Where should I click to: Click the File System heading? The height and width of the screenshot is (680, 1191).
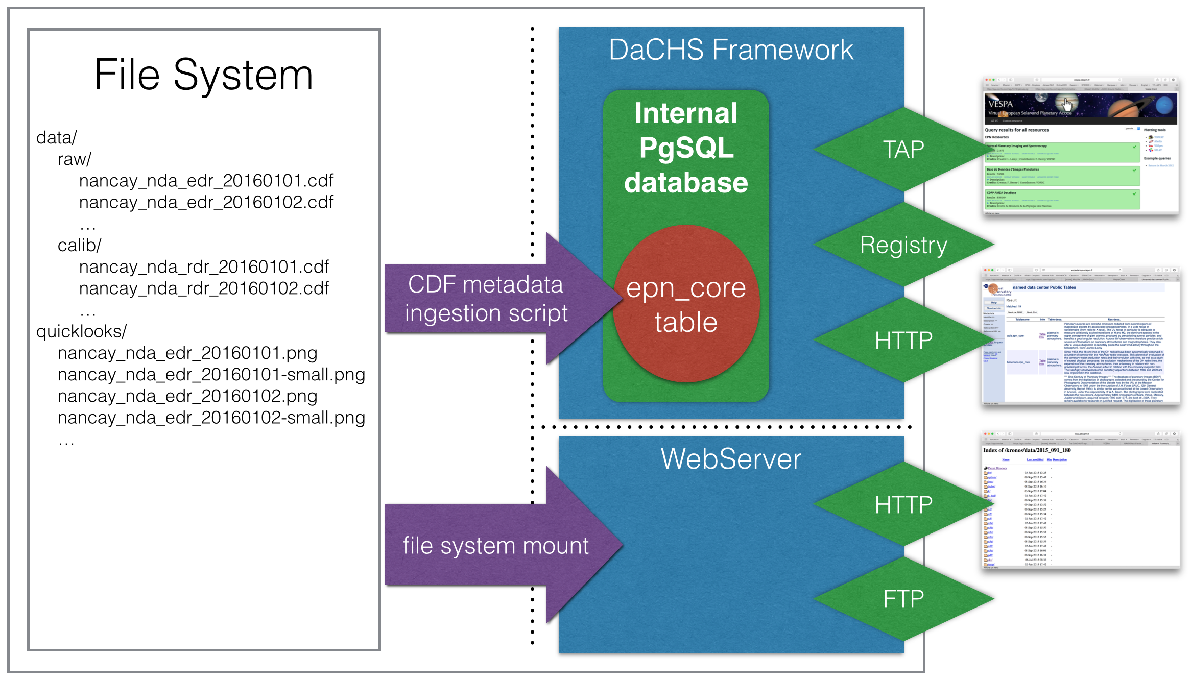203,75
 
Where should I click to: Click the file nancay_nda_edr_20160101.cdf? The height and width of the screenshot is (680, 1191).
206,181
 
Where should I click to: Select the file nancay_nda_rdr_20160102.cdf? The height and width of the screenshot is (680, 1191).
204,288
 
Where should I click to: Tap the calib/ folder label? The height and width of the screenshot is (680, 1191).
80,246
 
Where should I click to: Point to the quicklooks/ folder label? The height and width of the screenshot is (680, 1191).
81,332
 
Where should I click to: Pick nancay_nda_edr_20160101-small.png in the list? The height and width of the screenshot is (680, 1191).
211,375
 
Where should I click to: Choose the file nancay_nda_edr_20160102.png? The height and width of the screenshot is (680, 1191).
187,396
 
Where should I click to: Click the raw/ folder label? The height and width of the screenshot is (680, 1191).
75,159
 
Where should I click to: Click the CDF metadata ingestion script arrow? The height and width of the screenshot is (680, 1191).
486,299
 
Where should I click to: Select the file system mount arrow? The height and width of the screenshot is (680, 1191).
495,545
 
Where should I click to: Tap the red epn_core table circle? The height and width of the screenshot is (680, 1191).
686,305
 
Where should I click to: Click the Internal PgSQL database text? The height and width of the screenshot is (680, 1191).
686,148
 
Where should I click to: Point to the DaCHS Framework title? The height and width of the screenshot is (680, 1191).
731,50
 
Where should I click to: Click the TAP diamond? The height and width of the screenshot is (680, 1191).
903,150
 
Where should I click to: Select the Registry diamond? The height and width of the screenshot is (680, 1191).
903,245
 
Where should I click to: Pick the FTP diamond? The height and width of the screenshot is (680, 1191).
903,599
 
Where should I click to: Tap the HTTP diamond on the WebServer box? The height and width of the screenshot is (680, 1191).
903,505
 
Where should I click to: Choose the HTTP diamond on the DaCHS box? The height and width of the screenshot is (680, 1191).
903,341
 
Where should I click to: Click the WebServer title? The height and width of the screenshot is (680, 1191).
731,458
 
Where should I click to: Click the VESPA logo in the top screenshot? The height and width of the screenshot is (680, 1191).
1000,104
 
